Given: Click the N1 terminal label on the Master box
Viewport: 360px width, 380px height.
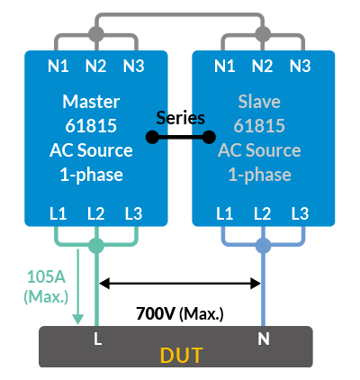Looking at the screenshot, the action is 58,66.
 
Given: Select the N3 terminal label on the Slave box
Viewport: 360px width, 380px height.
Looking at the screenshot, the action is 300,66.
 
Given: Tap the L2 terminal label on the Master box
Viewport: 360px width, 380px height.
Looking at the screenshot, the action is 96,213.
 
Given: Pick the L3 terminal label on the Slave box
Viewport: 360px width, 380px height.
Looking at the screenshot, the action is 300,213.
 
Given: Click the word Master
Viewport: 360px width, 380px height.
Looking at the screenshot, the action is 91,102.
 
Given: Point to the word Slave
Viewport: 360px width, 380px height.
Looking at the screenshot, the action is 259,102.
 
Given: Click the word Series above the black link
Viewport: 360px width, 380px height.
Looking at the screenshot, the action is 181,118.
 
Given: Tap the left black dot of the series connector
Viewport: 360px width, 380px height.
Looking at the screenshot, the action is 152,137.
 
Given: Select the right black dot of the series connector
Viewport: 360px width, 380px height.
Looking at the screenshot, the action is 209,137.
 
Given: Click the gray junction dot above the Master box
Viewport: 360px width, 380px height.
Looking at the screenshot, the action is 96,33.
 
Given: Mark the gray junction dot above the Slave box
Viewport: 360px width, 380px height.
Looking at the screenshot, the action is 263,33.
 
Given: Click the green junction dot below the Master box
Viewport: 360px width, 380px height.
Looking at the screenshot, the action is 96,246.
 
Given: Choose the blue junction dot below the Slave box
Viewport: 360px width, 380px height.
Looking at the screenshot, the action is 263,246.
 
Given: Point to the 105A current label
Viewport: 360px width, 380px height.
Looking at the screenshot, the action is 46,276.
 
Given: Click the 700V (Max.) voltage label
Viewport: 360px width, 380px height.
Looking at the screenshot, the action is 180,314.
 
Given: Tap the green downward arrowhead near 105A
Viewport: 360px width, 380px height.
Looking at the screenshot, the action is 78,319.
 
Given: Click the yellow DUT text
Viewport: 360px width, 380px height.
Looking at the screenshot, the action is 182,356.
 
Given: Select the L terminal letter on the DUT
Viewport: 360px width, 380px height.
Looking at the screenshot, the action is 97,339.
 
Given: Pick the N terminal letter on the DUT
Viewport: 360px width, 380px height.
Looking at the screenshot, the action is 264,339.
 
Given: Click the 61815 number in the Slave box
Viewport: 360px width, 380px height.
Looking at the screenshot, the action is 259,126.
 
